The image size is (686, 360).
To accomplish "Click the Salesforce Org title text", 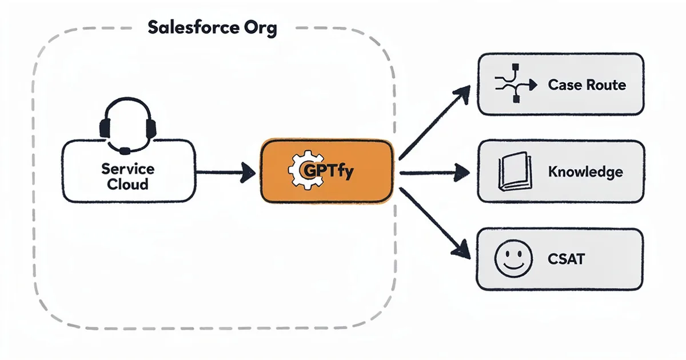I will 212,28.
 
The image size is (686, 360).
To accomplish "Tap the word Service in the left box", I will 127,169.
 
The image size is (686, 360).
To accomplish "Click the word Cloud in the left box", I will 127,185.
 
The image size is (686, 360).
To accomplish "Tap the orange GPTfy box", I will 327,171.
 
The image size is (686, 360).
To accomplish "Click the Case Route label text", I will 587,85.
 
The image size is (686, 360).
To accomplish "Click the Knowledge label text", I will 585,171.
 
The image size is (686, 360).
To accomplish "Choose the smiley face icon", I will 510,258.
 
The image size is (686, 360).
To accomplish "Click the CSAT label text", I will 566,258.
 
